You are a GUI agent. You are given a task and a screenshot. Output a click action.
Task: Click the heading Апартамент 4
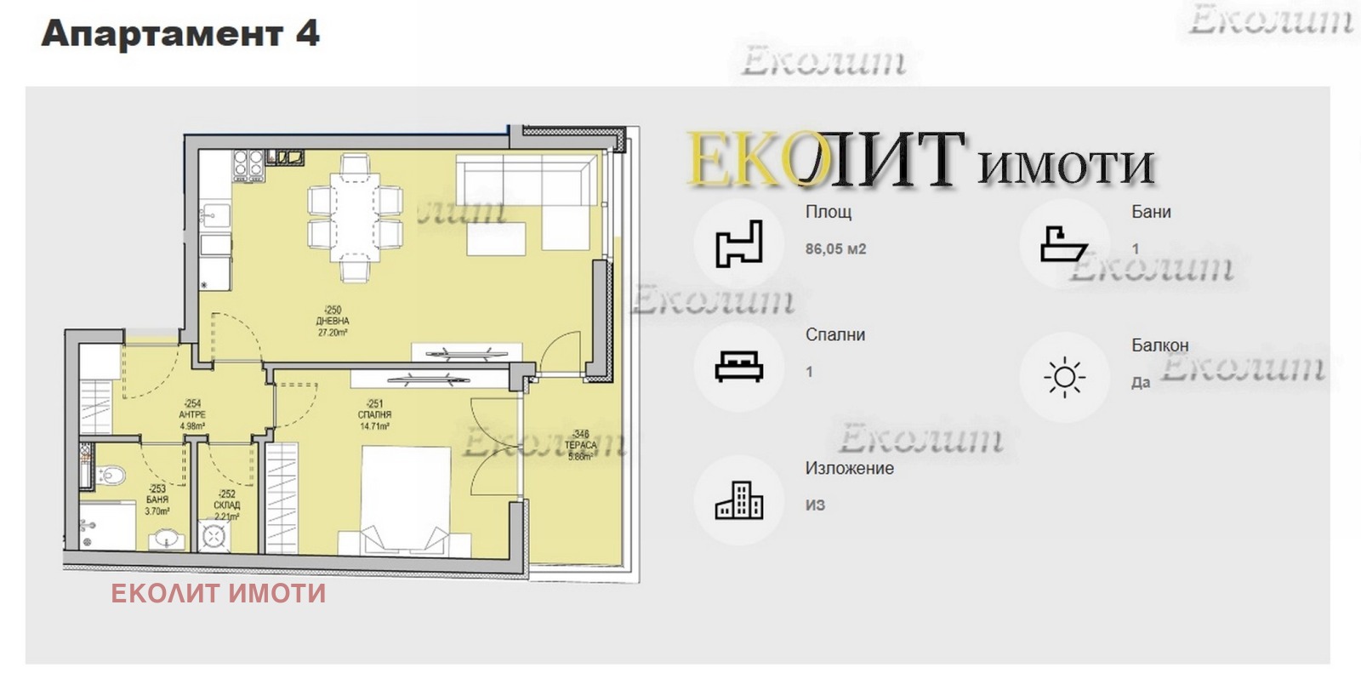(x=180, y=34)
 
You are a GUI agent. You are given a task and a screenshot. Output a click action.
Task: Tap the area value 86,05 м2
(x=835, y=249)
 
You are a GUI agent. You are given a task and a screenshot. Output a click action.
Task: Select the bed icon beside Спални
(x=738, y=367)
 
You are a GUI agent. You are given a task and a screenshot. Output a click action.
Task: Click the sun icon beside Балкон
(x=1064, y=377)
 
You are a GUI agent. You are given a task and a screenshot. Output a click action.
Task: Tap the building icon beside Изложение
(x=738, y=499)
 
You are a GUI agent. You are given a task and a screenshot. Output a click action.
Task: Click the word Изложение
(x=849, y=468)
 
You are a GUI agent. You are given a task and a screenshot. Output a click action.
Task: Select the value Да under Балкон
(x=1141, y=383)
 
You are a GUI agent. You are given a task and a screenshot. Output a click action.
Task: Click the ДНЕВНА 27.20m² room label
(x=333, y=322)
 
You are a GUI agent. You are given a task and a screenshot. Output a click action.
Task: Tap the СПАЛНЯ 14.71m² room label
(x=374, y=415)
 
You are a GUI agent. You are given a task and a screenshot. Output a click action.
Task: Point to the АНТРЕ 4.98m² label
(x=192, y=415)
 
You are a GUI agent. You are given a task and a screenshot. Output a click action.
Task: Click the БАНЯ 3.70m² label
(x=157, y=500)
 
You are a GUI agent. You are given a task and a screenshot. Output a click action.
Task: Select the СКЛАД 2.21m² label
(x=226, y=505)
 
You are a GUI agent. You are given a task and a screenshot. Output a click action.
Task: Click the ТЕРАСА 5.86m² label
(x=580, y=445)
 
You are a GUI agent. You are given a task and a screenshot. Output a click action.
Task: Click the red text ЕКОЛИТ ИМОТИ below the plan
(x=219, y=593)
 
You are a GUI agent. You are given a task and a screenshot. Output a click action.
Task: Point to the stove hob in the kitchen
(x=248, y=163)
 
